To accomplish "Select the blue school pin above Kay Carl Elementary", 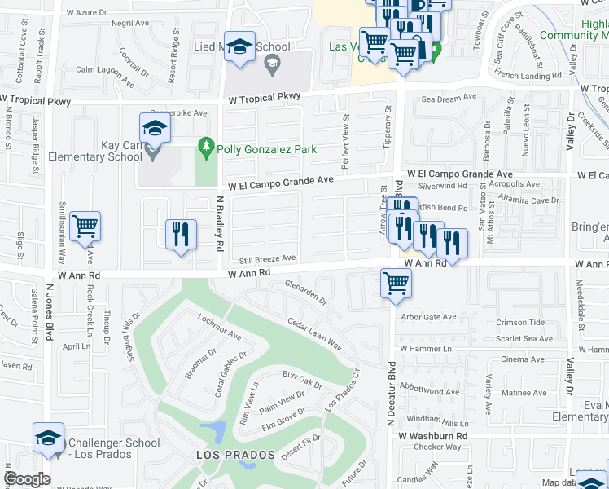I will (154, 129).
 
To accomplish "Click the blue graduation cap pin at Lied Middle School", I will (240, 48).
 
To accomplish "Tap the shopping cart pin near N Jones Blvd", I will (85, 227).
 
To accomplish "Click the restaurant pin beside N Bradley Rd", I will (181, 234).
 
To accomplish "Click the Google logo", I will (27, 479).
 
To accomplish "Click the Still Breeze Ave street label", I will (266, 258).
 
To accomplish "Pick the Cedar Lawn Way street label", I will (313, 335).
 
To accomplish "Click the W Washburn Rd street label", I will (432, 436).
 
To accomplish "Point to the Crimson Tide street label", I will (519, 323).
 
